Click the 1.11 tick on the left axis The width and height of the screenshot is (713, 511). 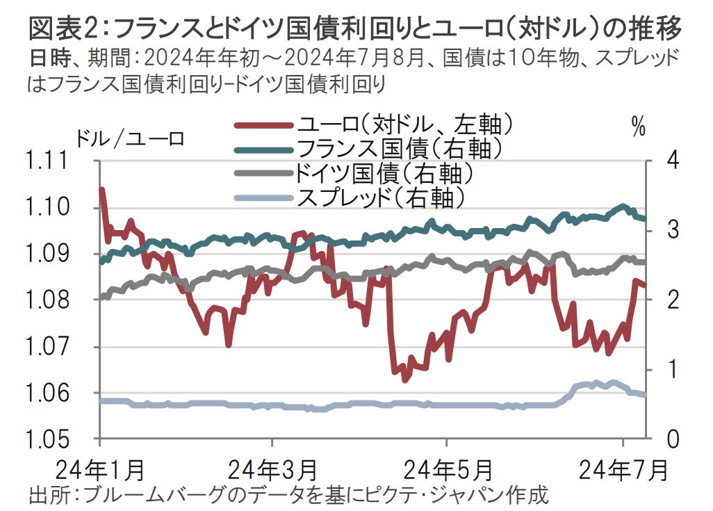pos(49,161)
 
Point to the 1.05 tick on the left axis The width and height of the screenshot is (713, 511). pos(49,439)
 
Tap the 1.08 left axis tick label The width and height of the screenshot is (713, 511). pos(49,300)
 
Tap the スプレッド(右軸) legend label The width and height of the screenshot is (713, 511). pos(379,197)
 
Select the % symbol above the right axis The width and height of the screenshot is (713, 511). pos(638,127)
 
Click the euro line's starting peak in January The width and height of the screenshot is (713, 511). pos(103,189)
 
